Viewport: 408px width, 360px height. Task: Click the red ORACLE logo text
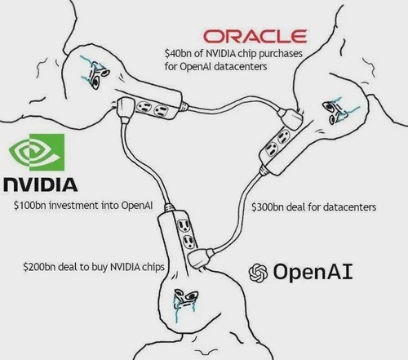point(255,36)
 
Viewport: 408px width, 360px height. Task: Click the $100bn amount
point(29,205)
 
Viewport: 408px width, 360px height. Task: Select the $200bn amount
point(39,267)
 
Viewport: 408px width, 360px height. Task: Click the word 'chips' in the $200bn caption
point(153,267)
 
